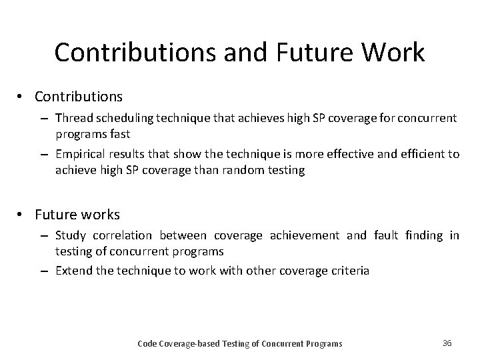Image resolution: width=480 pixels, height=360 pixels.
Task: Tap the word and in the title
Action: pos(241,53)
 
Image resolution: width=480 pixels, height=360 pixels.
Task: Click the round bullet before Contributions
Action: pos(21,97)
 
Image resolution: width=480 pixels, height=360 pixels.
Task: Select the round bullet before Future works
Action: pos(21,215)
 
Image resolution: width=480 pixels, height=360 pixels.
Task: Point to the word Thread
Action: pos(72,118)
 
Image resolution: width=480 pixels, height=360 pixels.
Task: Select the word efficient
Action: pos(423,155)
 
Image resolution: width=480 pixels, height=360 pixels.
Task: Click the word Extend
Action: pos(73,271)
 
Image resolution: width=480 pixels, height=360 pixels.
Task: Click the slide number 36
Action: pos(447,343)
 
